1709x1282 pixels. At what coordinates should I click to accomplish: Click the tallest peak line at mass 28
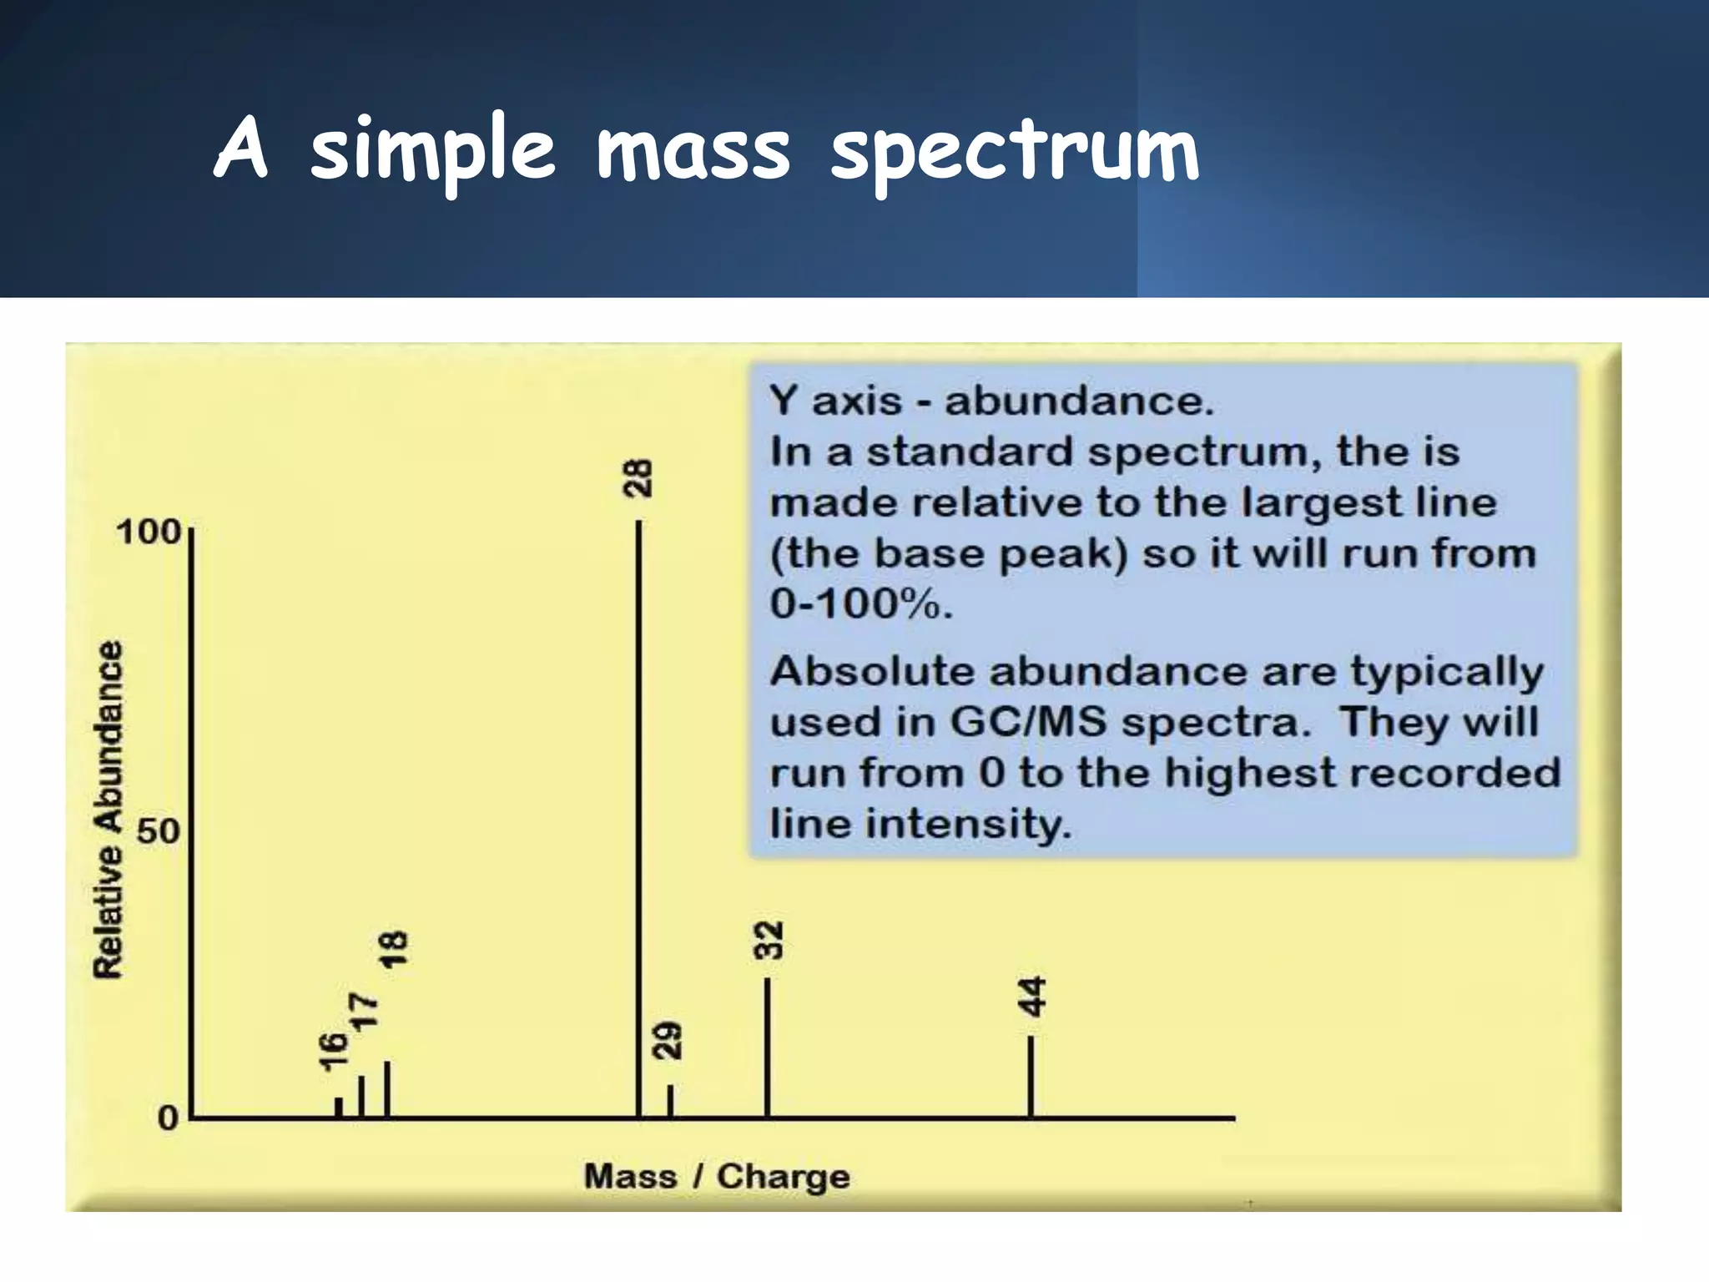639,818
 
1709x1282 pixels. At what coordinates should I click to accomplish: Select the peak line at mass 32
767,1047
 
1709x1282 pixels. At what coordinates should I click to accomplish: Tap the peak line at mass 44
1031,1077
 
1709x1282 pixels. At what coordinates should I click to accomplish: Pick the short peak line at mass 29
671,1101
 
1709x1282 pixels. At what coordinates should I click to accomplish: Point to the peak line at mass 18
387,1089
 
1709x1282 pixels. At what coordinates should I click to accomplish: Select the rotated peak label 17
363,1012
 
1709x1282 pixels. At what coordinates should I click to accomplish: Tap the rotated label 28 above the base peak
639,478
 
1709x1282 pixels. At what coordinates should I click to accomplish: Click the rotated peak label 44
1033,997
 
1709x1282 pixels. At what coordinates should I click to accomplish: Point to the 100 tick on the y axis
149,532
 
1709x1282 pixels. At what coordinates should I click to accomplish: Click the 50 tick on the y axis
158,831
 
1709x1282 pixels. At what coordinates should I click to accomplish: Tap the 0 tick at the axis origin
169,1118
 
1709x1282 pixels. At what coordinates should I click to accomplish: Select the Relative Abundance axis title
108,810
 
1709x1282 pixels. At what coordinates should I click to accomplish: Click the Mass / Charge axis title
717,1176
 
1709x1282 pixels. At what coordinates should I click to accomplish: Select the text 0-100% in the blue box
860,603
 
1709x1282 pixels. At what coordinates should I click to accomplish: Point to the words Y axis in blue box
835,401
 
